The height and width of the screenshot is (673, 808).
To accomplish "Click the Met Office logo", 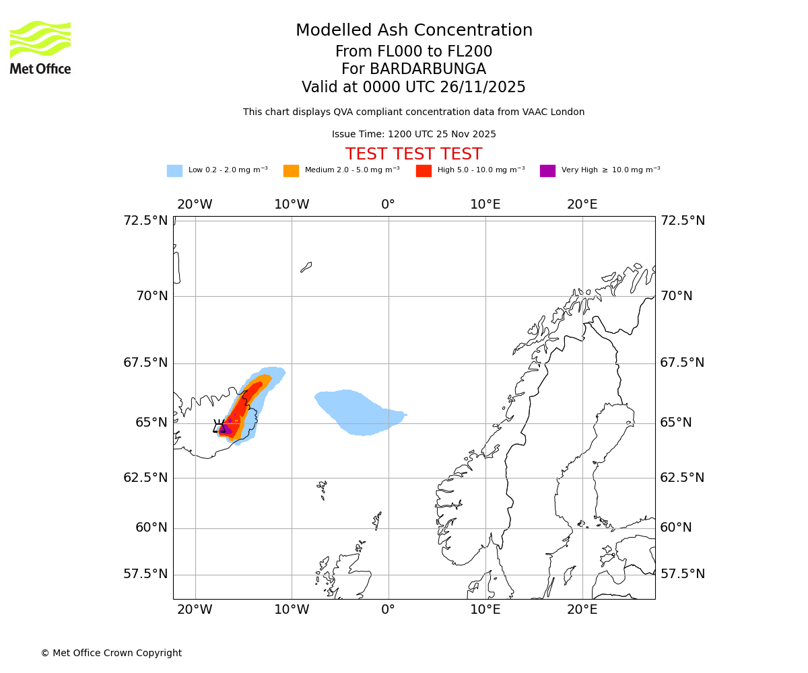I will click(x=40, y=47).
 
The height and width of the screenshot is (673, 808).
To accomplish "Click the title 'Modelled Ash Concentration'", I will click(x=413, y=31).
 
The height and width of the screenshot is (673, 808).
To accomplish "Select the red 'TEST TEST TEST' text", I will click(x=413, y=154).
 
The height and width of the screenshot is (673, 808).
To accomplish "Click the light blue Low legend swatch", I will click(x=174, y=171).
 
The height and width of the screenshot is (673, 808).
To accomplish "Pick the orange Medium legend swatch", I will click(x=291, y=171).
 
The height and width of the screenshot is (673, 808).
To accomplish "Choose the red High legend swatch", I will click(x=424, y=171).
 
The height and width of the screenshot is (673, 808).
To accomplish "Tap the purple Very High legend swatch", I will click(x=547, y=171).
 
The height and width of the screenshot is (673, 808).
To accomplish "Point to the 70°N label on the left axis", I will click(x=151, y=295).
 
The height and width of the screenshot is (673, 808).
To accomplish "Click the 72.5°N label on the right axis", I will click(x=682, y=221).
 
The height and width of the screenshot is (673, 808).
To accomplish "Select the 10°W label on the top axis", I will click(x=292, y=205).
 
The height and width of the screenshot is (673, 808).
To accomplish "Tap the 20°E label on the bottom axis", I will click(x=582, y=610).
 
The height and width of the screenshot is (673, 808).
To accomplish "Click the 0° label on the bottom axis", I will click(x=389, y=610).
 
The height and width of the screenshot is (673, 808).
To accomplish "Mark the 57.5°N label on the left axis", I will click(x=145, y=574).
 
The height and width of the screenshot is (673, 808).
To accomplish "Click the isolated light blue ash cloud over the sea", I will click(x=357, y=412).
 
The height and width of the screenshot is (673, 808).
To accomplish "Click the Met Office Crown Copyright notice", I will click(x=111, y=653).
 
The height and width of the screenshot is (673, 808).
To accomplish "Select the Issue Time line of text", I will click(x=413, y=134).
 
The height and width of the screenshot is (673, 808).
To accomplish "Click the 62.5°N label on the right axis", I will click(x=682, y=478).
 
